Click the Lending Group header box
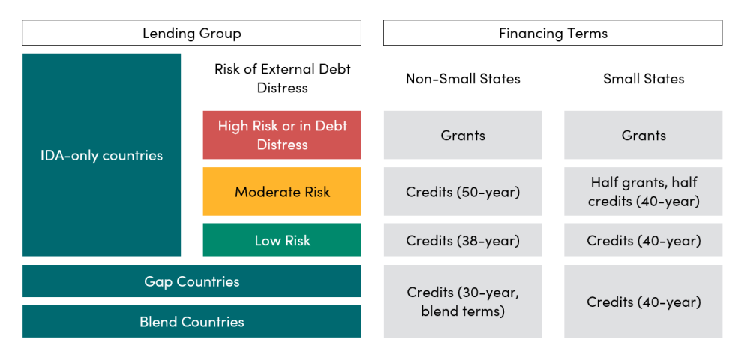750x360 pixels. coord(192,33)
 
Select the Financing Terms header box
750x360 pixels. coord(553,33)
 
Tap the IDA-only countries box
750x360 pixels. coord(101,155)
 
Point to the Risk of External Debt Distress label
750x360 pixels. coord(282,78)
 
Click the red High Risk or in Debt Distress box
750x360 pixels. coord(282,135)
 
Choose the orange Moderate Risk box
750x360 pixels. coord(282,192)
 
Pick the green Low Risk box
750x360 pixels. coord(282,240)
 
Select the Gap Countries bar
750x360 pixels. coord(192,281)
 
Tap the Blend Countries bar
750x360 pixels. coord(192,321)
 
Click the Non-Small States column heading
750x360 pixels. coord(463,78)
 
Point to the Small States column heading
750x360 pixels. coord(643,78)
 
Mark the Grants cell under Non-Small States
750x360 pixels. coord(463,135)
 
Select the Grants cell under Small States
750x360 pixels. coord(643,135)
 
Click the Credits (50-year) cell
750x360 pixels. coord(463,192)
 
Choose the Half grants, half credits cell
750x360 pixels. coord(643,192)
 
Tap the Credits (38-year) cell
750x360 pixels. coord(463,240)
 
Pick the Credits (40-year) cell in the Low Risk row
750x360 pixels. coord(643,240)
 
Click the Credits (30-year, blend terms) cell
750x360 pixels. coord(463,301)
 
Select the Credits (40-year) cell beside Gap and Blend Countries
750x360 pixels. coord(643,301)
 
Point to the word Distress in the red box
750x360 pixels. coord(282,145)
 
